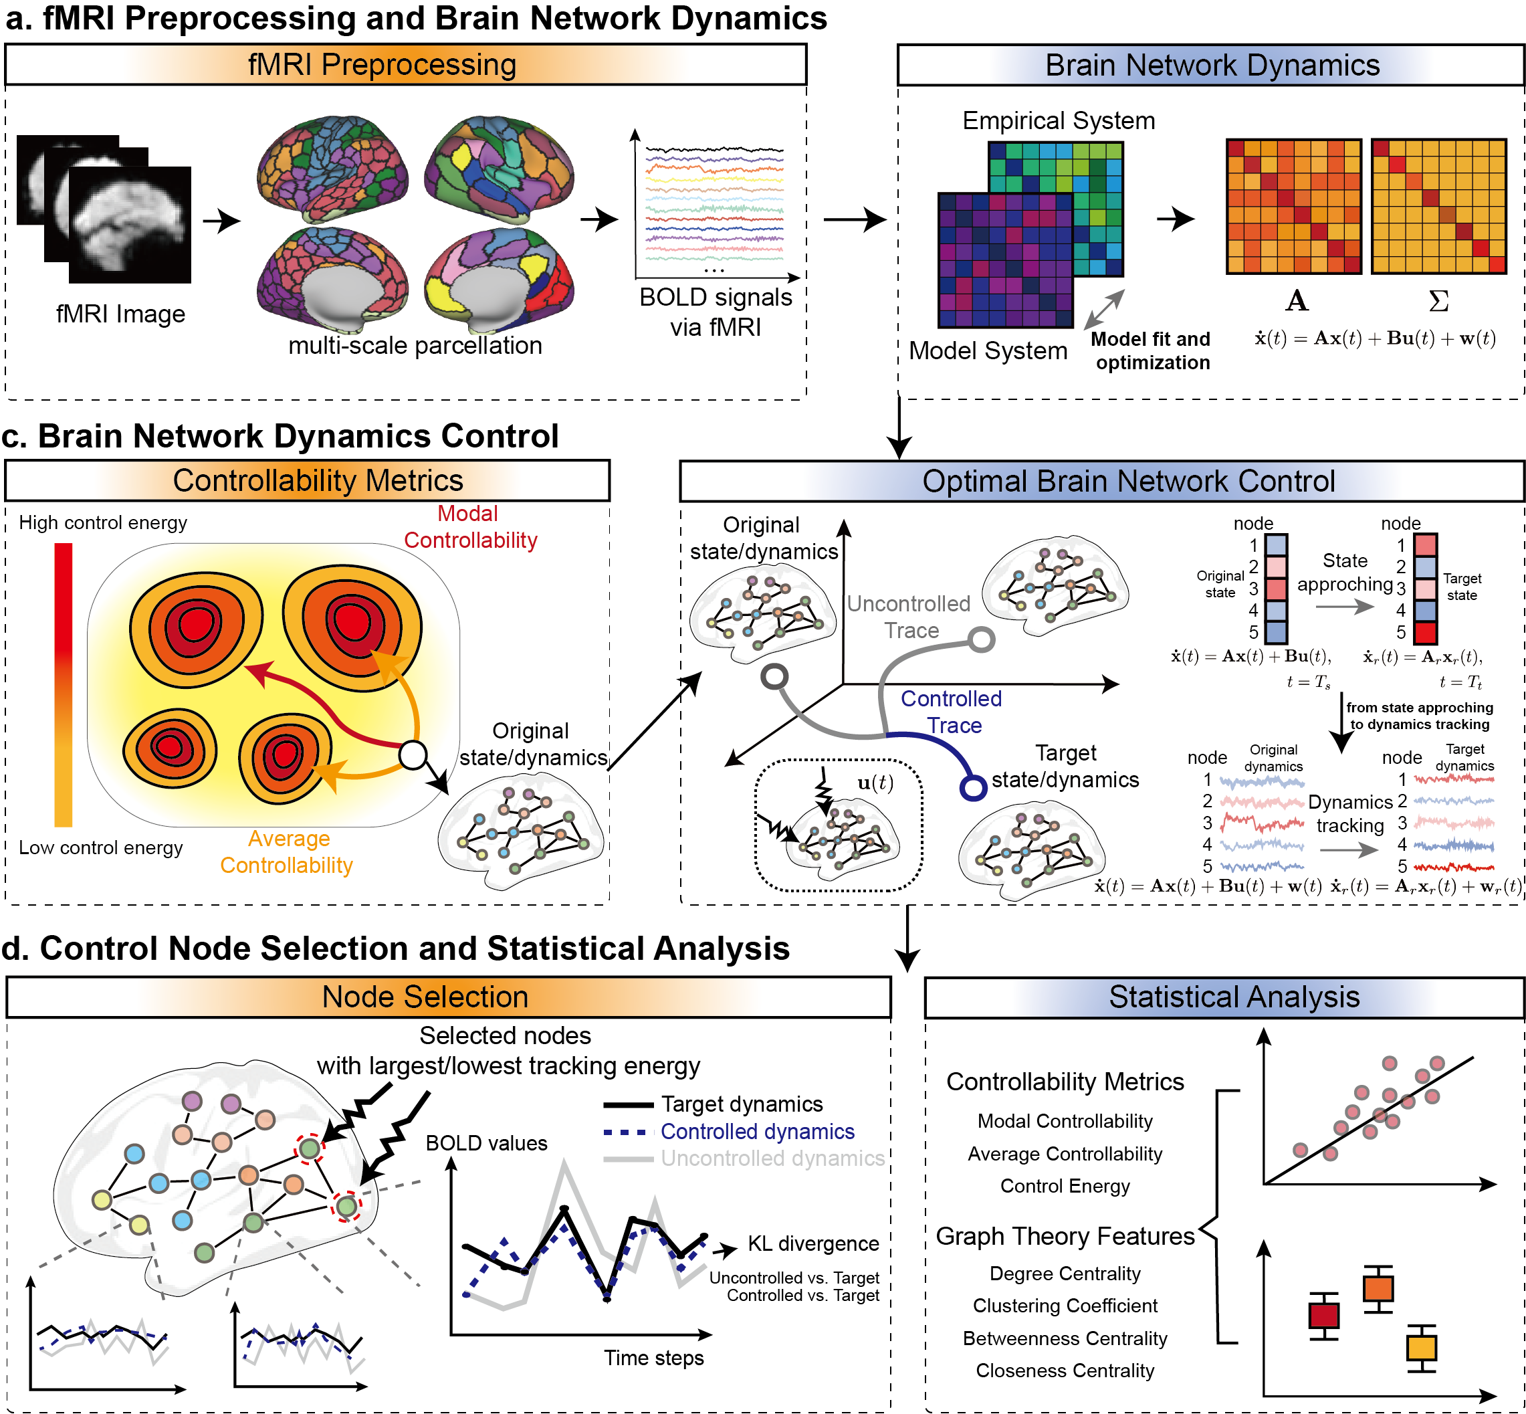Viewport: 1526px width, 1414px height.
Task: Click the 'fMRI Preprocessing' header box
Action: tap(405, 65)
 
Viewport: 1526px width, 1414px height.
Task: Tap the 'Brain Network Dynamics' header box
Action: tap(1211, 65)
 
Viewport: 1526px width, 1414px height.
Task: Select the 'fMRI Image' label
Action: tap(120, 314)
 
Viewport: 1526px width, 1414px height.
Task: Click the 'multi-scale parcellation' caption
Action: tap(415, 346)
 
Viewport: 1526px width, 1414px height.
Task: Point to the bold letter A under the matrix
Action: tap(1296, 301)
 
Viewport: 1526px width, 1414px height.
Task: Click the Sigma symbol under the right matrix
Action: tap(1438, 301)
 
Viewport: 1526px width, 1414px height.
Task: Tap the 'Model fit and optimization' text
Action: tap(1152, 350)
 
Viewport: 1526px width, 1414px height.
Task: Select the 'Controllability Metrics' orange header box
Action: tap(308, 480)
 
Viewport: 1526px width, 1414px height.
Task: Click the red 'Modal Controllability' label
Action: tap(469, 527)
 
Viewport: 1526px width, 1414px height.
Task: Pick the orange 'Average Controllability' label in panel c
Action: tap(287, 851)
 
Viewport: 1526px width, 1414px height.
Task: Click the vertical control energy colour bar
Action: tap(64, 684)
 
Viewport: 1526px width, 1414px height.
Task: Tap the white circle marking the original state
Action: tap(413, 755)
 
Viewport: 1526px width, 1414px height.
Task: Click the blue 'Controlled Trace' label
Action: tap(952, 712)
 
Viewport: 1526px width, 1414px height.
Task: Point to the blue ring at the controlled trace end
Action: tap(973, 787)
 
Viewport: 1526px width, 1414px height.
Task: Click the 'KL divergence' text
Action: tap(812, 1243)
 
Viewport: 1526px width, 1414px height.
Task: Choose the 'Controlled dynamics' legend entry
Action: tap(756, 1132)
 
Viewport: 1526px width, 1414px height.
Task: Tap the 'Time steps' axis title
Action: tap(653, 1357)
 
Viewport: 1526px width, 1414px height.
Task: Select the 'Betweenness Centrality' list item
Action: tap(1065, 1338)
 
